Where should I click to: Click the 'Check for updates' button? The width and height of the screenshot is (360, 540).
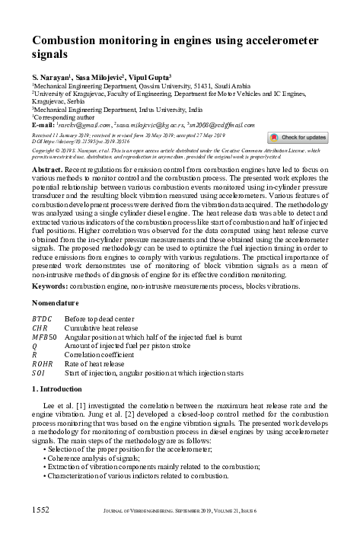(298, 137)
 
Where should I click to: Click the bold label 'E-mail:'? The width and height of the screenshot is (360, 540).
(45, 123)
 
